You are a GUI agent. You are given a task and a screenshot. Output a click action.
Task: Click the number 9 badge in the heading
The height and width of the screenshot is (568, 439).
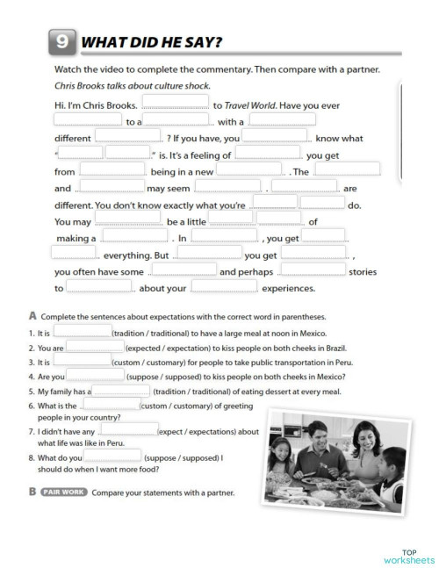point(59,41)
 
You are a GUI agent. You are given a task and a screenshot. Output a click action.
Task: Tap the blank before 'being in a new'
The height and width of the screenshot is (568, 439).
point(112,170)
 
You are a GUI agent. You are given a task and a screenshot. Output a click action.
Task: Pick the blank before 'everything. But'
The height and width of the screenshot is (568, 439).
point(73,254)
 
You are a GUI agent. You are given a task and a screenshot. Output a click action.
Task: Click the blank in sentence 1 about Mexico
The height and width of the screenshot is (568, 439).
point(83,333)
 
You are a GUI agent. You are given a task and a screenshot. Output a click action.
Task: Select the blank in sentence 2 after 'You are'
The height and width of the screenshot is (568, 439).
point(94,347)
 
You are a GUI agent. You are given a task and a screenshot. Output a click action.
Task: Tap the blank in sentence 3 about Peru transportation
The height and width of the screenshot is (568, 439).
point(83,361)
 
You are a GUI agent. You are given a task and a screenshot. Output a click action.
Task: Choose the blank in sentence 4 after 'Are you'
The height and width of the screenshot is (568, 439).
point(98,376)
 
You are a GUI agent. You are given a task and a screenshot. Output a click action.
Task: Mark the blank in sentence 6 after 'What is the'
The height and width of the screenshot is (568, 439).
point(111,405)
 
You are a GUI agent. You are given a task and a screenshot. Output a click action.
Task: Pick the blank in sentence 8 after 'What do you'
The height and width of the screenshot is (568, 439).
point(113,455)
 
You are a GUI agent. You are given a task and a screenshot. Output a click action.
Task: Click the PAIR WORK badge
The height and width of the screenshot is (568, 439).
point(63,493)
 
